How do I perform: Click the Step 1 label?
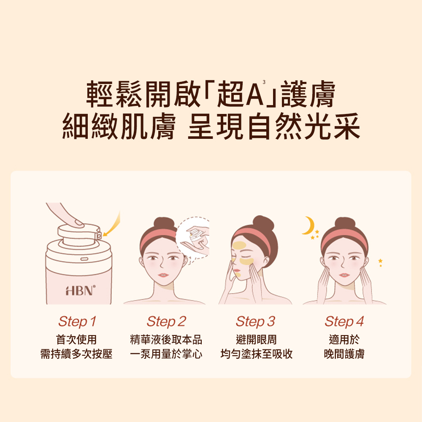click(77, 321)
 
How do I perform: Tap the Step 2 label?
click(166, 321)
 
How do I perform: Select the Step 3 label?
click(255, 321)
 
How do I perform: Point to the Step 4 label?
click(344, 321)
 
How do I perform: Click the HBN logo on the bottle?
click(81, 291)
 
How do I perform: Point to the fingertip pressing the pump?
click(78, 222)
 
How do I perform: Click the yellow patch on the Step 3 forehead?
click(239, 246)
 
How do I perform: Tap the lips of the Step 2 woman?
click(163, 275)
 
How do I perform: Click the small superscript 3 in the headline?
click(264, 82)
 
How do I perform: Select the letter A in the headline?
click(254, 95)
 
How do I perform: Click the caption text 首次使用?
click(76, 340)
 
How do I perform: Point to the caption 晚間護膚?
click(344, 354)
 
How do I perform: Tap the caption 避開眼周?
click(256, 340)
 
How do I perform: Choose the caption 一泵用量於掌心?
click(166, 354)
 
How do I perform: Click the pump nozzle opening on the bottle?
click(98, 236)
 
